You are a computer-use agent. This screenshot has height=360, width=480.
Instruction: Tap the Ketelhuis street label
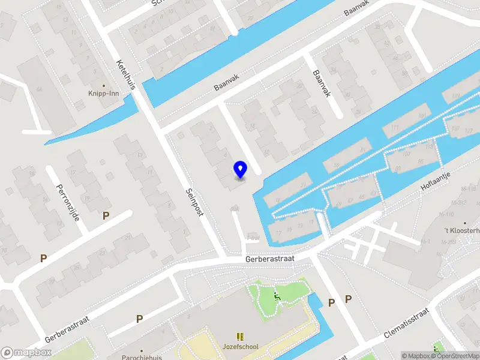point(127,74)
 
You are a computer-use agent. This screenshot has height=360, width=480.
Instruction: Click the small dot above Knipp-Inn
point(104,86)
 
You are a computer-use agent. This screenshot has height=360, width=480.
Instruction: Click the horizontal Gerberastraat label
point(270,258)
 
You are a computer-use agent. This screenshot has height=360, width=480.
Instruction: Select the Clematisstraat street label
point(406,325)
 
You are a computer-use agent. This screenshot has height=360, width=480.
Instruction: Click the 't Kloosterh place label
point(462,230)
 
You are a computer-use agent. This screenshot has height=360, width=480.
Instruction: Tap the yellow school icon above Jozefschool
point(240,337)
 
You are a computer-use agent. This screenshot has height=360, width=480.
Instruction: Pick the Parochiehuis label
point(142,356)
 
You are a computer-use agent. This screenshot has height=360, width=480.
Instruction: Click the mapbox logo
point(25,353)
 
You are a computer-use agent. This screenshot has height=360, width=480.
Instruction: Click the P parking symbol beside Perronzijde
point(106,215)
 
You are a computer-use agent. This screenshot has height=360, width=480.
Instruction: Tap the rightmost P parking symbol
point(348,299)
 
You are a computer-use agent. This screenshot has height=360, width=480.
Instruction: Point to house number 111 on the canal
point(394,128)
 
